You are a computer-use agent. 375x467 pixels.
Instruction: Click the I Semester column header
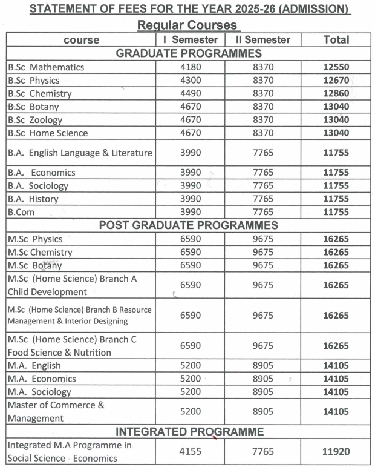coord(191,39)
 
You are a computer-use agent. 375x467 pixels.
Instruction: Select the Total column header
coord(336,39)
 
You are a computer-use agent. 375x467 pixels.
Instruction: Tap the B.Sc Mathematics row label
coord(46,67)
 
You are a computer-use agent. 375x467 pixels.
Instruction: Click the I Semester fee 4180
coord(191,67)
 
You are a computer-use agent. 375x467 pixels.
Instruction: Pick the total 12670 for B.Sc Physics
coord(336,81)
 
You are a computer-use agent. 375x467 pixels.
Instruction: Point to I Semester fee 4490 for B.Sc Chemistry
coord(191,94)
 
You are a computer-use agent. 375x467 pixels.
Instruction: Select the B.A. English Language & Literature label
coord(80,152)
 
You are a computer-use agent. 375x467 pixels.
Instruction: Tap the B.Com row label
coord(22,212)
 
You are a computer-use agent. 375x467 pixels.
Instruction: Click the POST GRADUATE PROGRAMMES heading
coord(188,225)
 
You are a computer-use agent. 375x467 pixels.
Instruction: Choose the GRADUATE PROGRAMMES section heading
coord(188,53)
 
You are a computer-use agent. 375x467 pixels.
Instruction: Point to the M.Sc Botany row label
coord(35,265)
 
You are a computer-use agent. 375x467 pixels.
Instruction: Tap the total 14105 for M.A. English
coord(336,365)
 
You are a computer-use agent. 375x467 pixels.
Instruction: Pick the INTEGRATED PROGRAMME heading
coord(189,432)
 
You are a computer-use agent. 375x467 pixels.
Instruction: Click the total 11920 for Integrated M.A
coord(336,452)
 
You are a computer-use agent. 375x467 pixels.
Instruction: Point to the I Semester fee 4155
coord(191,452)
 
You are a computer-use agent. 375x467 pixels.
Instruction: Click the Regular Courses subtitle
coord(188,25)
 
